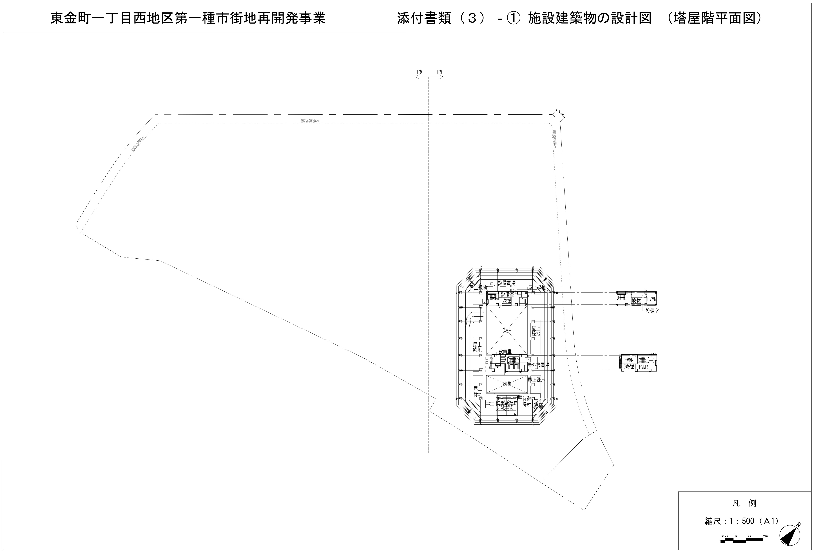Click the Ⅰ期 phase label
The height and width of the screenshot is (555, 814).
pos(419,72)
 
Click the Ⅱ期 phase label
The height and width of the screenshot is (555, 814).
pos(439,72)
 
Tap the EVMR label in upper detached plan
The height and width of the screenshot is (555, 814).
pos(652,299)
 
